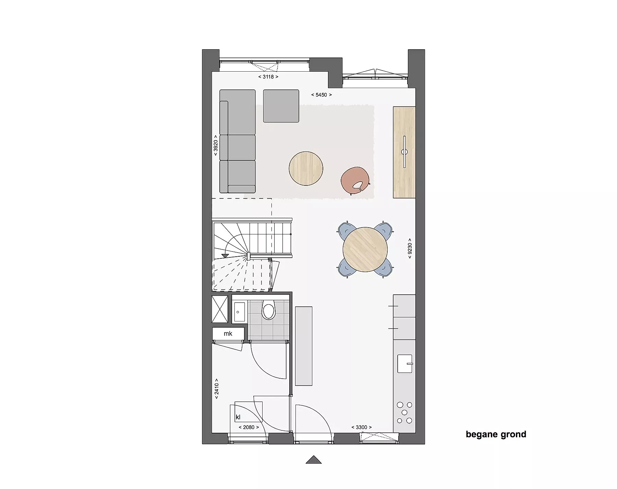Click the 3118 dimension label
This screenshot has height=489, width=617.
click(x=268, y=77)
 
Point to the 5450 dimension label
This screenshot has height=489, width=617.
click(x=322, y=95)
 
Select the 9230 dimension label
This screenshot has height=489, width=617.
click(x=410, y=248)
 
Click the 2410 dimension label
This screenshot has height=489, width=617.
click(x=216, y=389)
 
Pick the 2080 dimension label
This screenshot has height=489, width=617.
click(x=249, y=427)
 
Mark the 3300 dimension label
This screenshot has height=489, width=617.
click(x=362, y=427)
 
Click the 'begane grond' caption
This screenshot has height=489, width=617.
click(x=496, y=435)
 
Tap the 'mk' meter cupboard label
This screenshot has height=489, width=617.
click(x=228, y=333)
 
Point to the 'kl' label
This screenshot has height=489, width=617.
click(x=238, y=417)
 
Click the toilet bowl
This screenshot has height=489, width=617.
click(x=268, y=310)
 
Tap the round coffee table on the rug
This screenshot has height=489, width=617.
click(x=306, y=169)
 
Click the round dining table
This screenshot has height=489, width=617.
click(x=365, y=249)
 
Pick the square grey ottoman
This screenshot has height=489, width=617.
click(x=281, y=106)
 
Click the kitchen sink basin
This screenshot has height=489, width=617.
click(x=404, y=364)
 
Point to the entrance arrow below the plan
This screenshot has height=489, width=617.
click(x=314, y=460)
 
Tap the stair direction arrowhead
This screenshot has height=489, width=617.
click(x=225, y=255)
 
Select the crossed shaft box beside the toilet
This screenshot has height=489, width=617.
click(x=220, y=309)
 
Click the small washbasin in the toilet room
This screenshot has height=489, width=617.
click(x=239, y=312)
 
